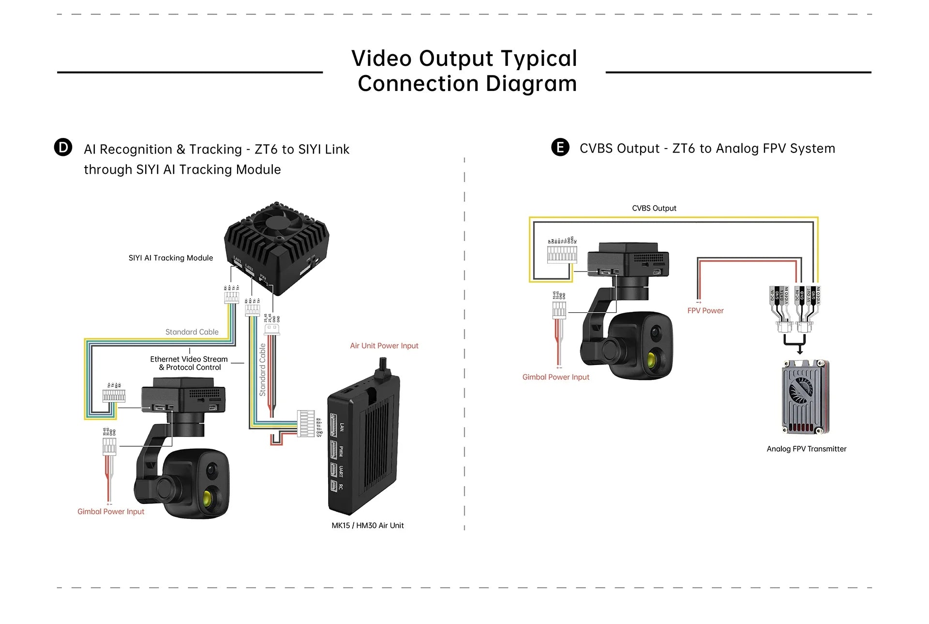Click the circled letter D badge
point(63,147)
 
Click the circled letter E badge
point(560,147)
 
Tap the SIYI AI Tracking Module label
point(170,258)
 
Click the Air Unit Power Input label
point(384,346)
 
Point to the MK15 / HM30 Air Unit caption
point(367,525)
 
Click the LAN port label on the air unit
point(342,427)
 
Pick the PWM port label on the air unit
point(341,451)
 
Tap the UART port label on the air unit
point(341,471)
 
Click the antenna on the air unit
point(383,368)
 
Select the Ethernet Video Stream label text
point(189,359)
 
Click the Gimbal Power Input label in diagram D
point(111,512)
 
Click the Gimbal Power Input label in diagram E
point(555,377)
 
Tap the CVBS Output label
point(654,208)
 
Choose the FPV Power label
point(705,311)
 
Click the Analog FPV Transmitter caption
point(806,449)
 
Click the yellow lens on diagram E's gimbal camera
point(652,359)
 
